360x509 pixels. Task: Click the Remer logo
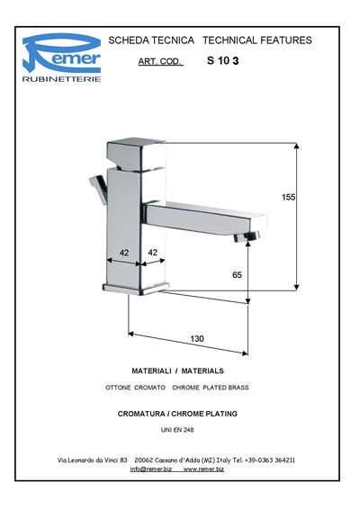(x=61, y=53)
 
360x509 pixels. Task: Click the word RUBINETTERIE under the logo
(x=61, y=79)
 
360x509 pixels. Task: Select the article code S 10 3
(x=223, y=61)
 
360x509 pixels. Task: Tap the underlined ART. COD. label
(x=160, y=61)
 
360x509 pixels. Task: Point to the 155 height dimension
(x=289, y=197)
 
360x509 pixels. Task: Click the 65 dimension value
(x=237, y=275)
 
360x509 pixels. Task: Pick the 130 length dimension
(x=197, y=338)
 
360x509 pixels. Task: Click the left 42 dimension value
(x=124, y=253)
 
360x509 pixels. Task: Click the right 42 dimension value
(x=152, y=252)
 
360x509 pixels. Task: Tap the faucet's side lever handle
(x=99, y=189)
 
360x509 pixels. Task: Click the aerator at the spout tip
(x=247, y=237)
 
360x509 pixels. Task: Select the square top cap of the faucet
(x=136, y=154)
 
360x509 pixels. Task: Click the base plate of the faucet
(x=136, y=289)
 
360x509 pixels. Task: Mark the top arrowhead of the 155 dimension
(x=296, y=146)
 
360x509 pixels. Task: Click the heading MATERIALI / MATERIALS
(x=177, y=371)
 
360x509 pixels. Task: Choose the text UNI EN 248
(x=177, y=430)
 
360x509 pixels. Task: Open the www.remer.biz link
(x=203, y=469)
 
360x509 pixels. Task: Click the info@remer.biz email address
(x=151, y=469)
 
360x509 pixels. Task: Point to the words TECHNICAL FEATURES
(x=257, y=40)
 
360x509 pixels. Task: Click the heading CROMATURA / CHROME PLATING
(x=177, y=414)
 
